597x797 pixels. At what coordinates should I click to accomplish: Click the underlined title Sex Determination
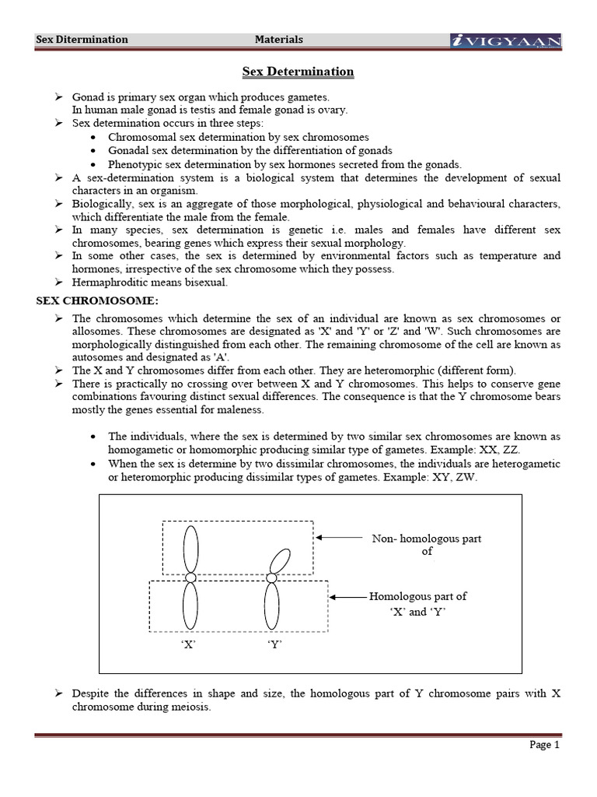pos(298,72)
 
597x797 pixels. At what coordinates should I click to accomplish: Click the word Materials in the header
pos(279,39)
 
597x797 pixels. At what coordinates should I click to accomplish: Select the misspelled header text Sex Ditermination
pos(83,39)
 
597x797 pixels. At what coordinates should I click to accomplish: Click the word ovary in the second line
pos(333,111)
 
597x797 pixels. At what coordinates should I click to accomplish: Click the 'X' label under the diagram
pos(188,644)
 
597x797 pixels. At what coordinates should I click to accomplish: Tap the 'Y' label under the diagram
pos(273,644)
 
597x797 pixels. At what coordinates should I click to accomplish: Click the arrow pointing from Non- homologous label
pos(339,537)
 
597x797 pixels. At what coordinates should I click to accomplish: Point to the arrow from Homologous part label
pos(349,597)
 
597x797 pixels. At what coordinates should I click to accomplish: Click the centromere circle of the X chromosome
pos(190,578)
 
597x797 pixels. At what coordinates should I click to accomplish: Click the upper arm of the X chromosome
pos(190,548)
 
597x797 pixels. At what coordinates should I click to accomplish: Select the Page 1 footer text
pos(544,745)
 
